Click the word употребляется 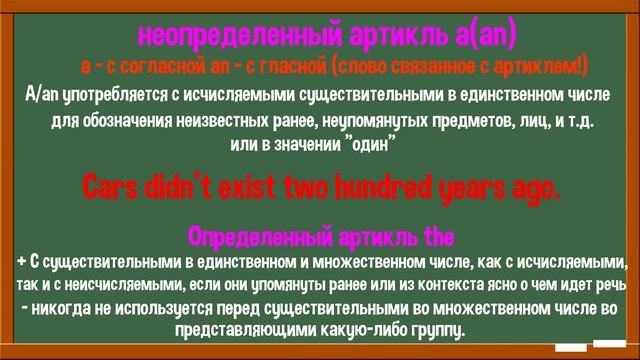pyautogui.click(x=113, y=95)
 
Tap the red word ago pyautogui.click(x=528, y=187)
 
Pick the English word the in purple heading pyautogui.click(x=438, y=238)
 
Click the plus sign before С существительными pyautogui.click(x=22, y=263)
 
